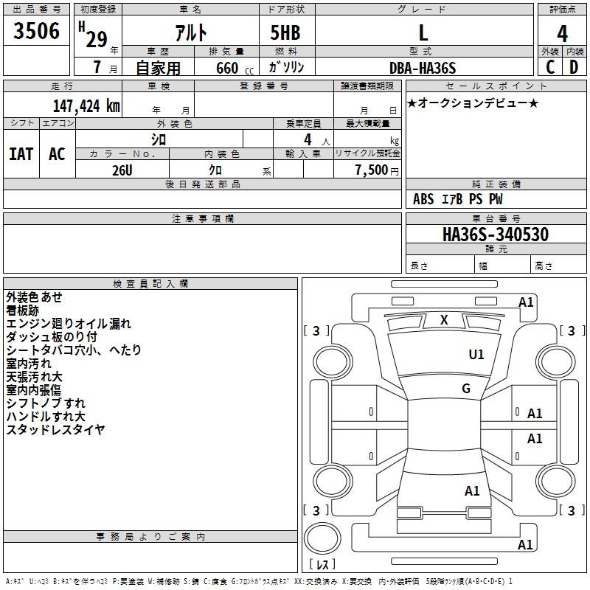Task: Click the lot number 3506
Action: coord(36,31)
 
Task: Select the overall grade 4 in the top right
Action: coord(562,34)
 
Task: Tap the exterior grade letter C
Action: coord(550,67)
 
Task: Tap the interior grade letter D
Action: coord(574,67)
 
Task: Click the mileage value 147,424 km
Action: coord(86,106)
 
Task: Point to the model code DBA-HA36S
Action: coord(423,68)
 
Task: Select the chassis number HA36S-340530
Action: coord(496,234)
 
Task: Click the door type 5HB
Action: coord(285,32)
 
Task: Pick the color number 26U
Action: coord(122,170)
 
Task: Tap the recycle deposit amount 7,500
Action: coord(372,170)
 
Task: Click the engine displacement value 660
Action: coord(227,68)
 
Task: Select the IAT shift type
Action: coord(21,154)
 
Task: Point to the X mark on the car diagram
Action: coord(444,320)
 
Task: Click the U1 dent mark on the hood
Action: coord(476,355)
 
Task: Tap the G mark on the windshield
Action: coord(466,389)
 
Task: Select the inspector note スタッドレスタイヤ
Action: coord(55,430)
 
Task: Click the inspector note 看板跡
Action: coord(23,310)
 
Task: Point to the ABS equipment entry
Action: coord(423,199)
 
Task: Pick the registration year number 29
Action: coord(97,40)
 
